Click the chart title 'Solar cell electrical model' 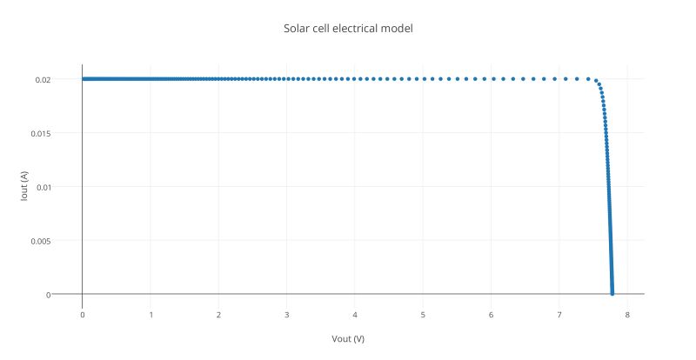[x=348, y=29]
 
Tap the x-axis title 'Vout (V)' [x=348, y=338]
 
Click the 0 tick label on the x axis [x=83, y=314]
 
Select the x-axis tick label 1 [x=151, y=314]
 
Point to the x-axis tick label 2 [x=218, y=314]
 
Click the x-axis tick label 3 [x=287, y=314]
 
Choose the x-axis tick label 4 [x=355, y=314]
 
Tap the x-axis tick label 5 [x=423, y=314]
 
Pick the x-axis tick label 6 [x=492, y=314]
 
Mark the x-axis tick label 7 [x=559, y=314]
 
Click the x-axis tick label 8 [x=627, y=314]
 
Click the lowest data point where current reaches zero [x=612, y=294]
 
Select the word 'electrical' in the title [x=357, y=29]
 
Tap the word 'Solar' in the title [x=297, y=29]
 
